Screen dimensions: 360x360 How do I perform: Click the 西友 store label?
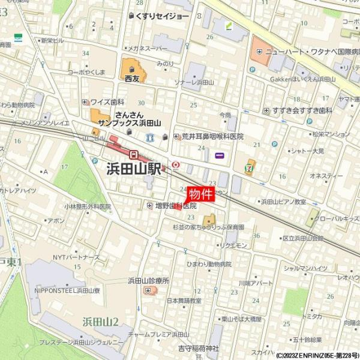coord(131,78)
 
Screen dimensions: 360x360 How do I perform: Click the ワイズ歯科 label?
coord(107,101)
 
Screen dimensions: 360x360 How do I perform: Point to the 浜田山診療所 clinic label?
coord(148,280)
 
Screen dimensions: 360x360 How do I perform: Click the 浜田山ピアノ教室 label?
coord(283,202)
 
